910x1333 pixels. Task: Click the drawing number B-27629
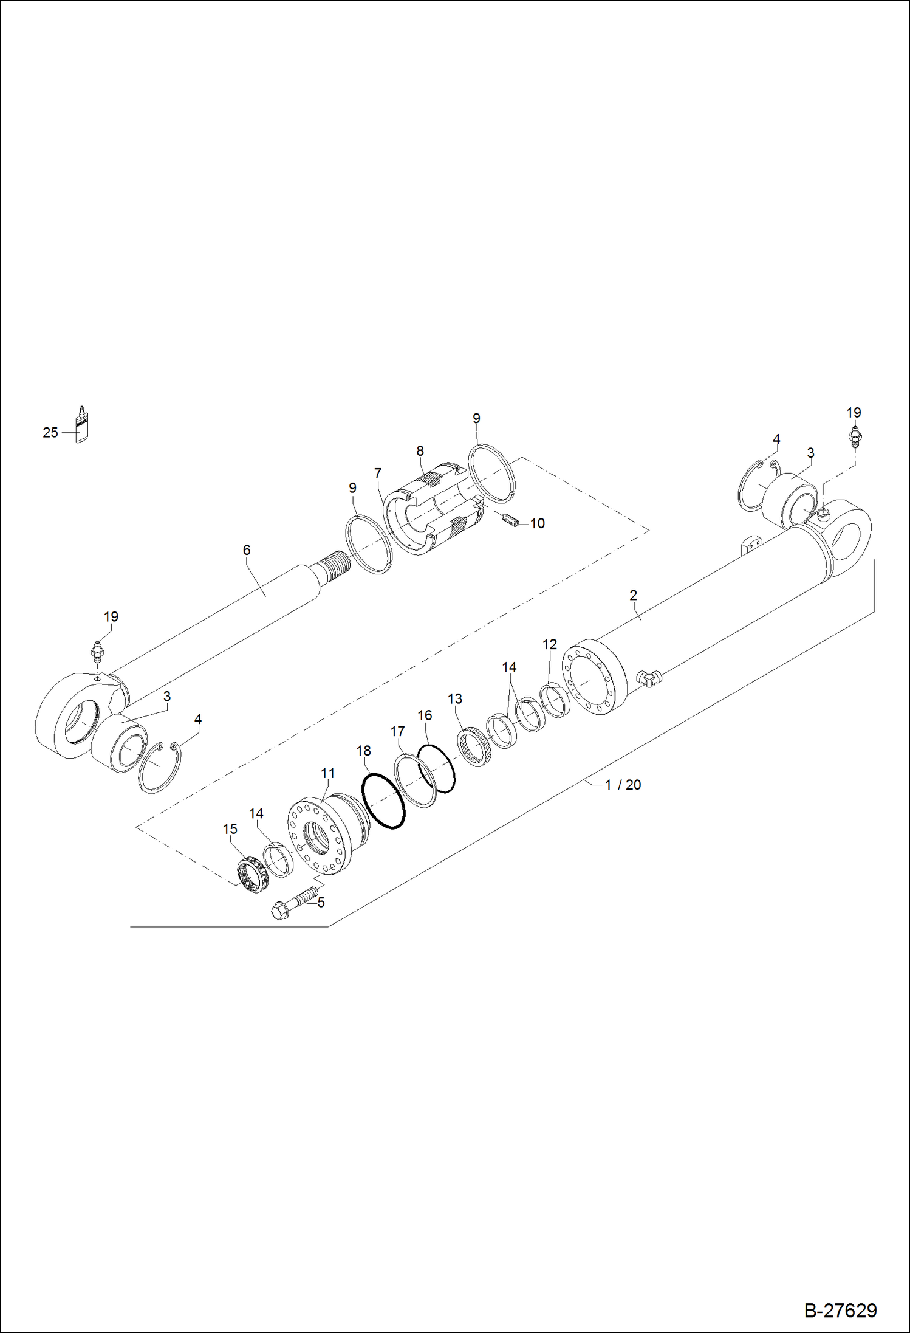(840, 1310)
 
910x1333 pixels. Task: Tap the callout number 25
(50, 433)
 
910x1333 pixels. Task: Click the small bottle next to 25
(81, 425)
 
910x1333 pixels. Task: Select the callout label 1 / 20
(623, 785)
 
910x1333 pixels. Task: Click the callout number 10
(537, 523)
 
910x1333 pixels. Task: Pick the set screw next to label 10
(510, 520)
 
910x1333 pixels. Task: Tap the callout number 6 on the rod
(246, 550)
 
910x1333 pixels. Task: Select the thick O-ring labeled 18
(383, 801)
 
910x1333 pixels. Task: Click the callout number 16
(425, 715)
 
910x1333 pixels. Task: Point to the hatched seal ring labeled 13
(474, 746)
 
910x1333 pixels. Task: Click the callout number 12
(549, 644)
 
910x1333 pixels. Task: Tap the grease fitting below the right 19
(855, 437)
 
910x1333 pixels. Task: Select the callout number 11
(327, 773)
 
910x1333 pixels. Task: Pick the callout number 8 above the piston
(420, 451)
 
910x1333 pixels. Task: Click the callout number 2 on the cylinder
(633, 595)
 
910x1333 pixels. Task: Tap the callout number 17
(397, 731)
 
